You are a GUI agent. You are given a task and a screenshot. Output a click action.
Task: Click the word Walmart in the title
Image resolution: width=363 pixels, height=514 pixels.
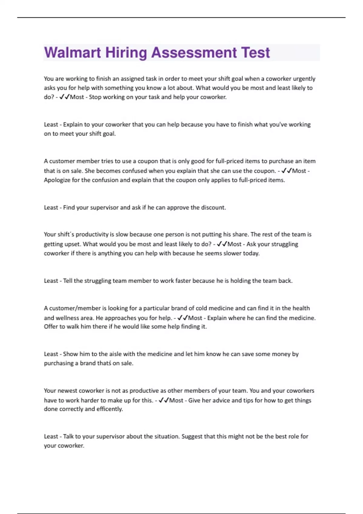coord(72,53)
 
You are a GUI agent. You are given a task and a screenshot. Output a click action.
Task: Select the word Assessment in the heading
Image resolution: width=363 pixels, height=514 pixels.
coord(194,53)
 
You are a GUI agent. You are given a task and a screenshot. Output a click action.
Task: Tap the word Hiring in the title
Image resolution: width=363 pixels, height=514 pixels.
coord(126,53)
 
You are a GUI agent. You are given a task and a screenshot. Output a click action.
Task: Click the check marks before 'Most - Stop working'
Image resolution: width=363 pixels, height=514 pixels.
coord(64,97)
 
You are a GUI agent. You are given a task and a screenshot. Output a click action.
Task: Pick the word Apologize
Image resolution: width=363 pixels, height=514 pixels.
coord(57,180)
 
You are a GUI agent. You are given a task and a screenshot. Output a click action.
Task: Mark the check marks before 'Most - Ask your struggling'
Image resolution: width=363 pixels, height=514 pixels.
coord(222,244)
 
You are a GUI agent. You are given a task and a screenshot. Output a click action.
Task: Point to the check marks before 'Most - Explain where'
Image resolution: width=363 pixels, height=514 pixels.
coord(183,318)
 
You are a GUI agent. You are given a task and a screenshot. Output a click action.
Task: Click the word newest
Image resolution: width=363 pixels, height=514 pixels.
coord(68,390)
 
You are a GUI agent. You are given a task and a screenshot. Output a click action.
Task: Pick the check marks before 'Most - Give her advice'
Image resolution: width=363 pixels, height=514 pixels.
coord(164,400)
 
